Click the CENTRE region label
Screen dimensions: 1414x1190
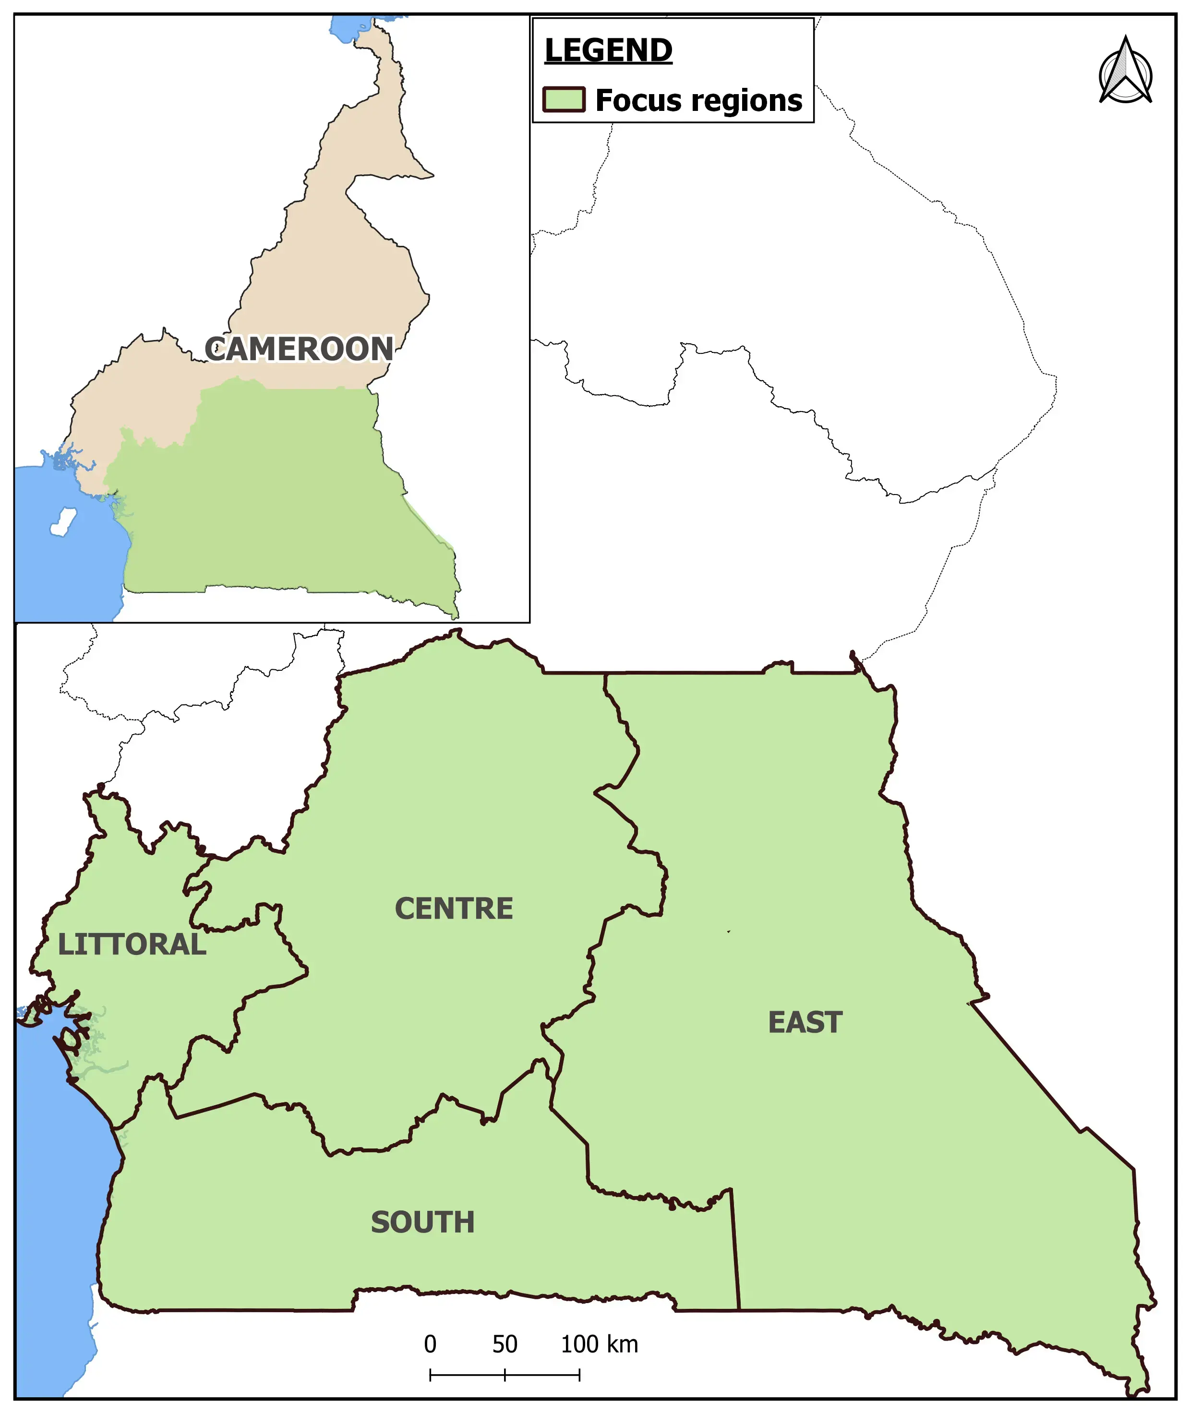click(453, 909)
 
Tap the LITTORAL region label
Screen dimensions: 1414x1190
click(132, 944)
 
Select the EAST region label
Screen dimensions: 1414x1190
click(805, 1022)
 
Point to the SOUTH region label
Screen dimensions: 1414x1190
click(423, 1222)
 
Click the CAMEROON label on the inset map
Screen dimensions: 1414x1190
click(299, 349)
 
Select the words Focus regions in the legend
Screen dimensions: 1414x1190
click(698, 100)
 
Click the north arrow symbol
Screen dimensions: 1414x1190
click(1125, 72)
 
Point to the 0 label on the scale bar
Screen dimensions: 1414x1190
click(430, 1344)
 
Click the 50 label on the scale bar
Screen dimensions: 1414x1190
click(505, 1344)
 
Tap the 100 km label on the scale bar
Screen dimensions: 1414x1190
click(599, 1344)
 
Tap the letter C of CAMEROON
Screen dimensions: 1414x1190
click(215, 349)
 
